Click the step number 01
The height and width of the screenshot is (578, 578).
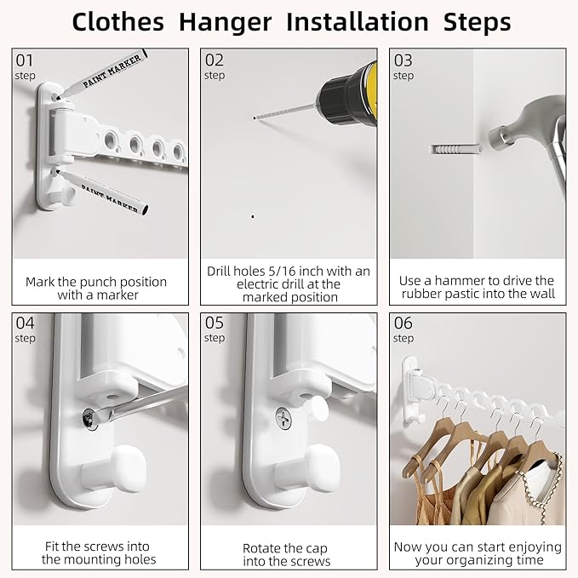[x=24, y=60]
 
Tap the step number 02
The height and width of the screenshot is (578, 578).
[x=215, y=60]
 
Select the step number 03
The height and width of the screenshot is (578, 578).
[x=403, y=60]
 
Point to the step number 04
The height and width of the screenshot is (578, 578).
[x=25, y=323]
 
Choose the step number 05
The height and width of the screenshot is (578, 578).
[x=215, y=323]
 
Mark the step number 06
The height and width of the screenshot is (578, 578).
[x=403, y=323]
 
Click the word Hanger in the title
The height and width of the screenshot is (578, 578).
[x=230, y=21]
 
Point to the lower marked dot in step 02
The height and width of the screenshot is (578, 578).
[x=252, y=216]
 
